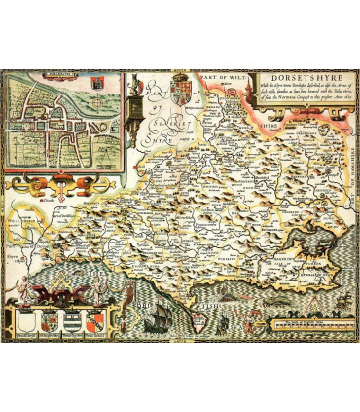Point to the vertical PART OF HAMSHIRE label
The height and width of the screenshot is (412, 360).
pyautogui.click(x=347, y=195)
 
